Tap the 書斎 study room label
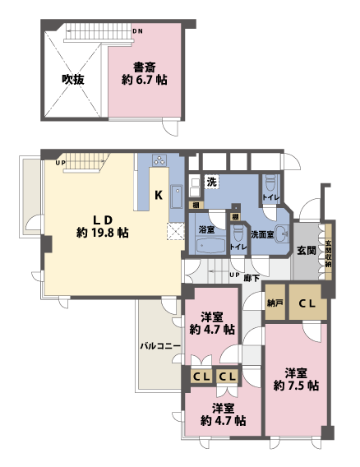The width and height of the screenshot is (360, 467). (x=144, y=67)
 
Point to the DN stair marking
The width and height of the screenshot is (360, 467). (x=137, y=30)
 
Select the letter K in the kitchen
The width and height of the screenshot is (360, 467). (x=159, y=195)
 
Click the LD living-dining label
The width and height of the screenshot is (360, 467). (x=101, y=220)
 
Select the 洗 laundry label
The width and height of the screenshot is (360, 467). (x=211, y=181)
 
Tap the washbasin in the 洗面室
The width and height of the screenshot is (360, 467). (x=284, y=233)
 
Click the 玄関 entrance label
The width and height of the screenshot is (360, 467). (x=307, y=250)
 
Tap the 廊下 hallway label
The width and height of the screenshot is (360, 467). (x=252, y=278)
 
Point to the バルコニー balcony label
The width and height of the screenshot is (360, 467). (x=159, y=345)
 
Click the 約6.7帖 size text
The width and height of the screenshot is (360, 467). (x=144, y=81)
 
